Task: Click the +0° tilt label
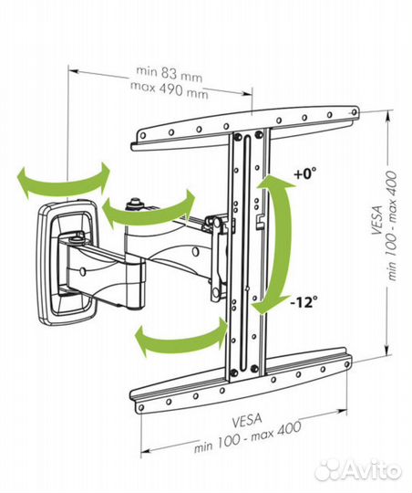305,173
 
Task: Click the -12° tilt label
304,303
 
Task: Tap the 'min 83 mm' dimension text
169,74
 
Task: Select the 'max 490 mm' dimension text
169,89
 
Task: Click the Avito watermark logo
358,470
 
